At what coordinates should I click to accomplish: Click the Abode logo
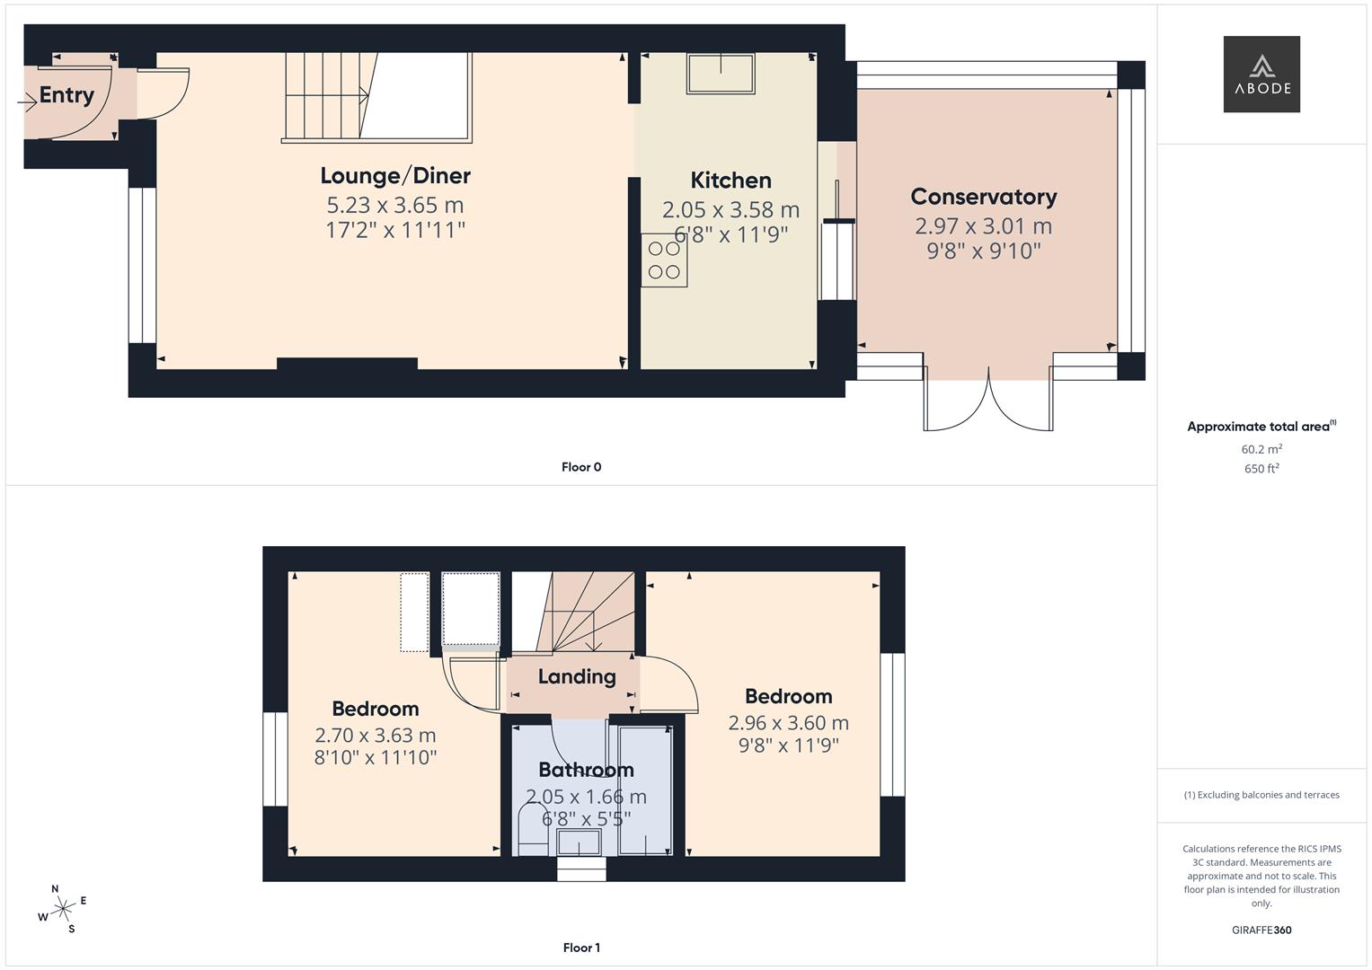[1261, 74]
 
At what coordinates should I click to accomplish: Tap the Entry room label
[66, 95]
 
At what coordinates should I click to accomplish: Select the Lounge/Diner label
[395, 176]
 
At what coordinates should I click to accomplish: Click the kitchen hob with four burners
[664, 260]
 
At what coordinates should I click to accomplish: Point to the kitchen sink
[721, 73]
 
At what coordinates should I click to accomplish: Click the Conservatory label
[983, 197]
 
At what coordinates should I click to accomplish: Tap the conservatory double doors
[988, 400]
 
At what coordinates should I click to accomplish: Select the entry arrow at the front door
[27, 103]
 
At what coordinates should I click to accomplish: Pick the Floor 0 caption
[581, 467]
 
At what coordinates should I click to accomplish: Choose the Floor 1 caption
[581, 948]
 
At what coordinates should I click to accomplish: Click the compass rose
[63, 909]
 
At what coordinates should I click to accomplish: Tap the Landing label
[577, 677]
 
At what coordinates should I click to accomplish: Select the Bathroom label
[586, 770]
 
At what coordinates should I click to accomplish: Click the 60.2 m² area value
[1261, 449]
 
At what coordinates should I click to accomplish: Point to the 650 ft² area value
[1261, 469]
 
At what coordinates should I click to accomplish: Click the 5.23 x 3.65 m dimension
[395, 206]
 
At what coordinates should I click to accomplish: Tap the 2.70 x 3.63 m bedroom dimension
[376, 736]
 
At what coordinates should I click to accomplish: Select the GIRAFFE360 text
[1261, 930]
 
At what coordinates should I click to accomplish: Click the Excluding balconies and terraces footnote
[1261, 795]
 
